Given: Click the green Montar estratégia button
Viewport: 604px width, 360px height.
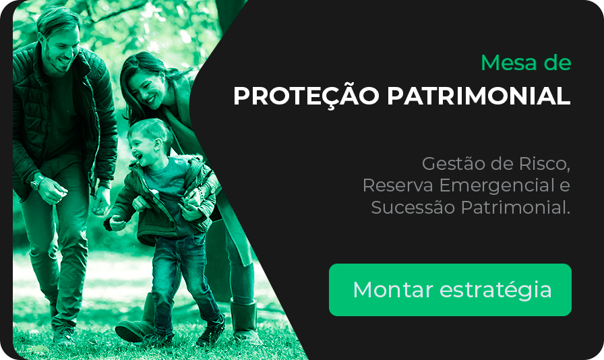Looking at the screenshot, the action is click(x=450, y=290).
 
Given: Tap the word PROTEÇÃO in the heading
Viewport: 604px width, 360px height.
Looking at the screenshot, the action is click(x=306, y=95).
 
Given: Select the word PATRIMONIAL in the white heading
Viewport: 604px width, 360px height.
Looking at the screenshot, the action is click(x=479, y=96).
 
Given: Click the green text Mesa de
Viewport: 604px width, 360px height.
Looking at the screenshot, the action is click(x=526, y=63).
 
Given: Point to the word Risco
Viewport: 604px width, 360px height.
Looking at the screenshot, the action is click(x=544, y=163).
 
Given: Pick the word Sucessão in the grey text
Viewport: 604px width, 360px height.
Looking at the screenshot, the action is click(x=413, y=208).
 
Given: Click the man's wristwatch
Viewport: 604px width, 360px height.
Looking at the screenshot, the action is click(x=37, y=182).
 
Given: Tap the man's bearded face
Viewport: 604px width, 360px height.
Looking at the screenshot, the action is click(x=61, y=50).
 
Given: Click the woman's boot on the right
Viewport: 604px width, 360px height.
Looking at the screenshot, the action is click(x=245, y=321).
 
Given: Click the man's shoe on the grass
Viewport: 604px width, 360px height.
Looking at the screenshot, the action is click(x=64, y=335).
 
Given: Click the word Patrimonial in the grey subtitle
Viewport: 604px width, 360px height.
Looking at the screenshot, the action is click(x=516, y=208).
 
